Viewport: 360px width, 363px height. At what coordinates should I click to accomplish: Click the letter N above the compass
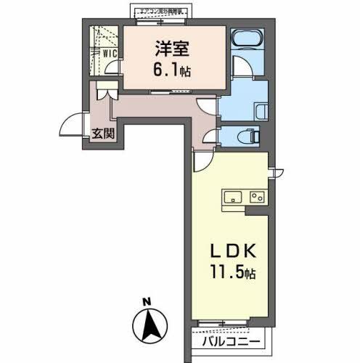tap(146, 302)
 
